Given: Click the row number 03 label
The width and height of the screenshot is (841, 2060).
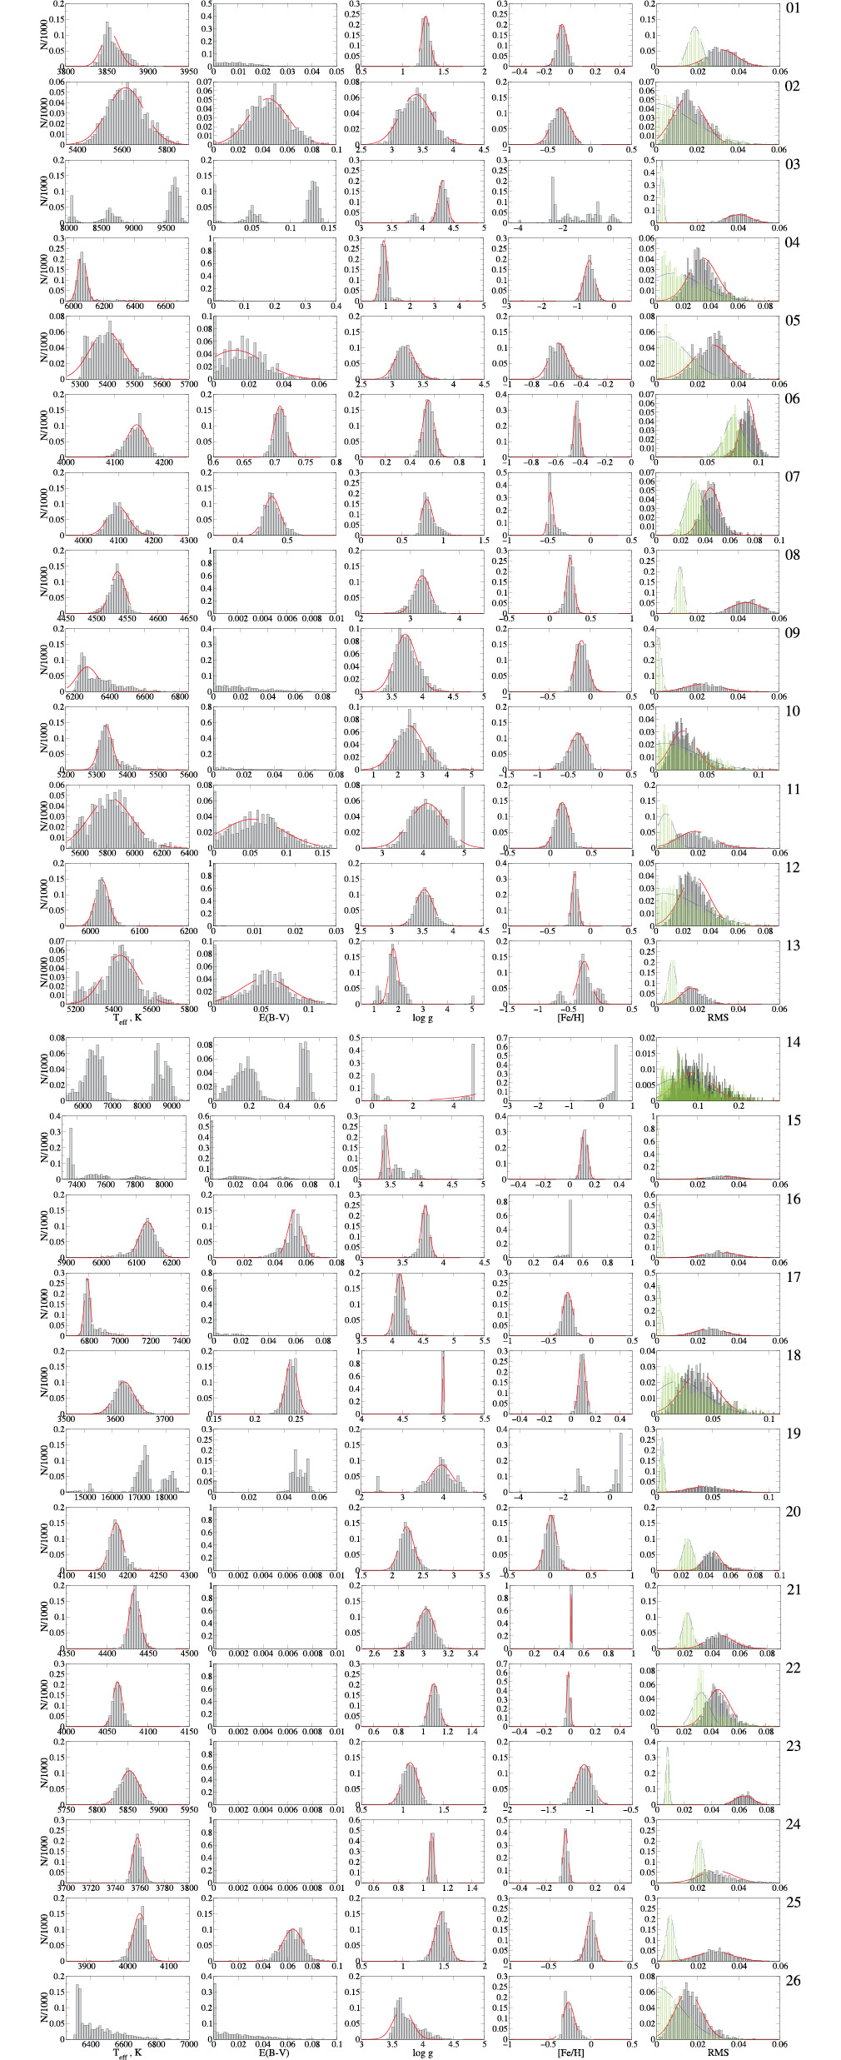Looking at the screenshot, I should click(x=792, y=164).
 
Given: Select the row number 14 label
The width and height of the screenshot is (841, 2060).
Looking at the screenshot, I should click(x=792, y=1042).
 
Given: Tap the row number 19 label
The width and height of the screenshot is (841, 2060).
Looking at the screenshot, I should click(x=792, y=1433).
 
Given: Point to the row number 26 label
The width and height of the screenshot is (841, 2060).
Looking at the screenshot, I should click(x=792, y=1980).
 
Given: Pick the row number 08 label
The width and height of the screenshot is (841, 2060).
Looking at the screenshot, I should click(x=792, y=555).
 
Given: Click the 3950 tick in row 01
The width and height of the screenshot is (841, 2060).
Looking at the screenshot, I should click(x=188, y=72).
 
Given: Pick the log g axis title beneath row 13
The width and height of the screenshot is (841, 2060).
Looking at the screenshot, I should click(x=422, y=1018).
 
